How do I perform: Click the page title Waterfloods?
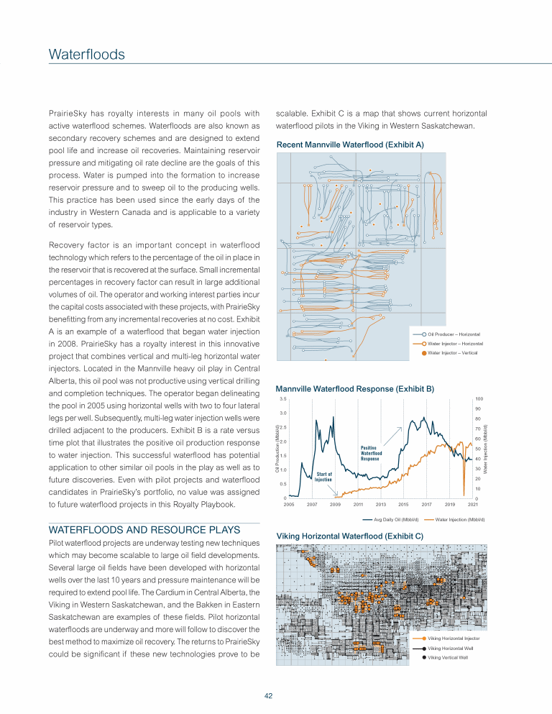click(87, 55)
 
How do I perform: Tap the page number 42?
click(267, 695)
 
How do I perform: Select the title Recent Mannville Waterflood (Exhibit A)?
click(350, 145)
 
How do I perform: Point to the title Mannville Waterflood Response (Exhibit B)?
click(355, 388)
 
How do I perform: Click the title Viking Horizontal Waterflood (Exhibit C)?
click(349, 536)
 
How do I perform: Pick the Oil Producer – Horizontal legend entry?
click(454, 334)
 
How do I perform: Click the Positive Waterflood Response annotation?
click(370, 452)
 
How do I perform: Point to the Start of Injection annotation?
click(323, 476)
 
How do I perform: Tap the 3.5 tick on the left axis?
click(283, 399)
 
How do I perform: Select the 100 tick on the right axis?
click(479, 399)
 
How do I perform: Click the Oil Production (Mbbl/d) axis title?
click(278, 449)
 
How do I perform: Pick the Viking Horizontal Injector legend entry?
click(453, 638)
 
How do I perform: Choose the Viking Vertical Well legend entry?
click(448, 656)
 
